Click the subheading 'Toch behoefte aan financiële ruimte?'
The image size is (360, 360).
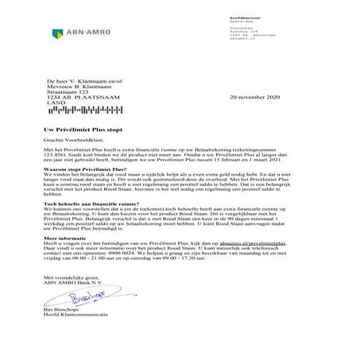pos(87,203)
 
